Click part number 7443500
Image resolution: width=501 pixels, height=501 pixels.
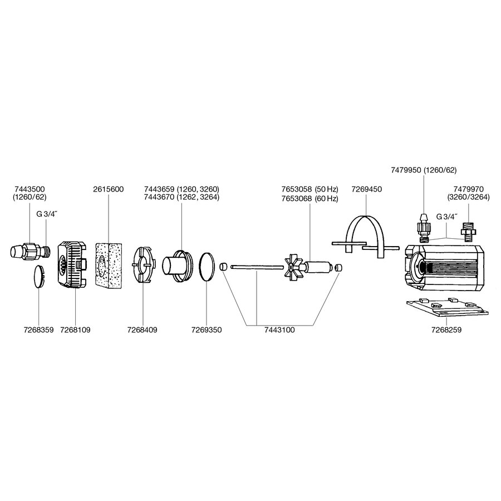point(30,189)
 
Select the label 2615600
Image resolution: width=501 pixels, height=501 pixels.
point(109,189)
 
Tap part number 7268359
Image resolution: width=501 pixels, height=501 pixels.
point(38,330)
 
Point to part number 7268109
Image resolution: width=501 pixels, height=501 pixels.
point(75,330)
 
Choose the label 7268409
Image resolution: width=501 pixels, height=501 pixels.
point(142,330)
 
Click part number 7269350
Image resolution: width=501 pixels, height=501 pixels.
point(207,330)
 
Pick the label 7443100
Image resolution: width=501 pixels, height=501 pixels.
point(279,330)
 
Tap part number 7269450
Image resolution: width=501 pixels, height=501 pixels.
point(366,189)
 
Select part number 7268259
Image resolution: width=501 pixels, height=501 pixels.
point(446,330)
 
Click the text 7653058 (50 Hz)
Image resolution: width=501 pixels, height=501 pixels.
point(310,189)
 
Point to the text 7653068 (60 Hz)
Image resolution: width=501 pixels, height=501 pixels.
point(310,198)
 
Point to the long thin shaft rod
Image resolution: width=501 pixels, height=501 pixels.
point(257,267)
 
